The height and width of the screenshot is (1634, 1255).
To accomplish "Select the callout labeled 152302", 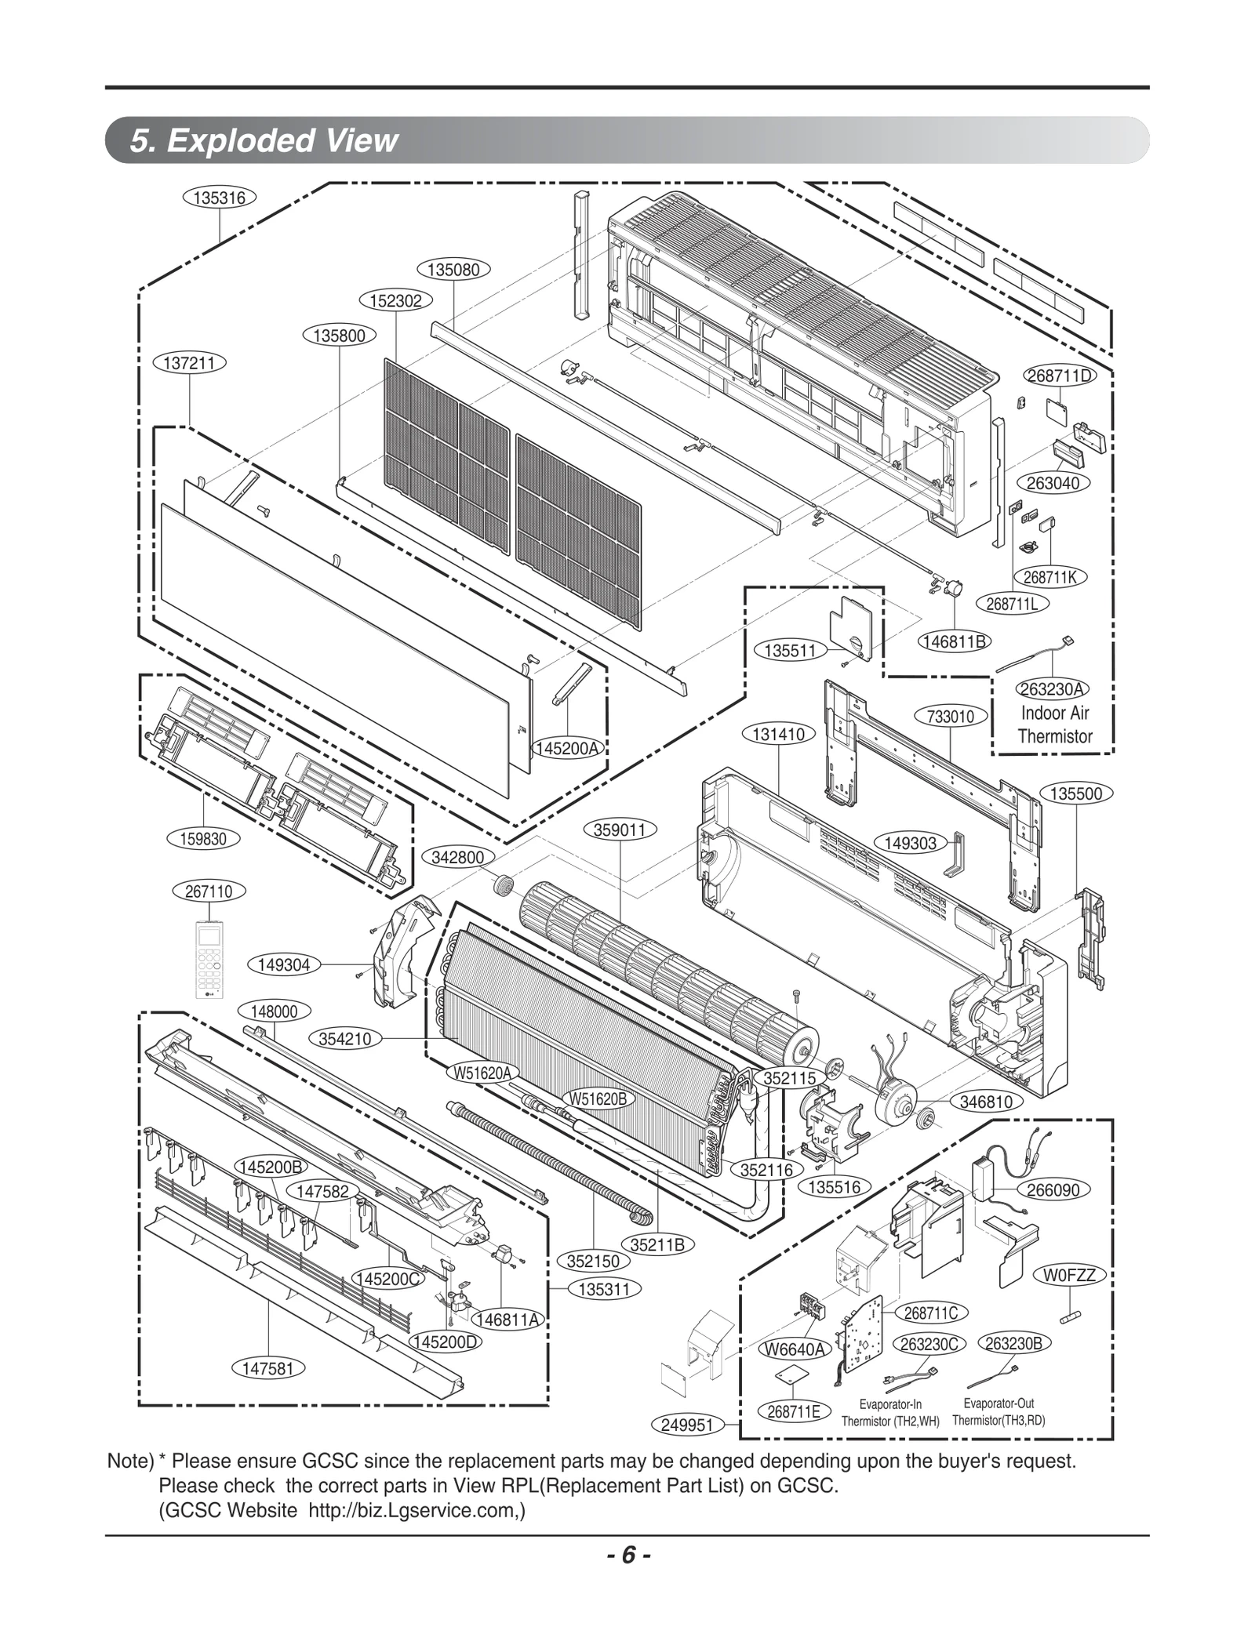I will [x=396, y=300].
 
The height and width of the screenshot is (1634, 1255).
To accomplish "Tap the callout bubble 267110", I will [x=209, y=891].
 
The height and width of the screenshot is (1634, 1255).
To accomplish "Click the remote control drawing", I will [x=209, y=961].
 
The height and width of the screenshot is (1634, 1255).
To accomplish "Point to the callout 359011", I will [x=620, y=830].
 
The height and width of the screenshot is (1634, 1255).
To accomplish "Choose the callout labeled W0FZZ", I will [x=1069, y=1276].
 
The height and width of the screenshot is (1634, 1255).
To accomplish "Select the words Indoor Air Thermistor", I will [x=1055, y=724].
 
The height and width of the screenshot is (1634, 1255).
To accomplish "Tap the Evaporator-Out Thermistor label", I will [x=999, y=1412].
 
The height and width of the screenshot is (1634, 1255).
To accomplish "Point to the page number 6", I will [x=627, y=1555].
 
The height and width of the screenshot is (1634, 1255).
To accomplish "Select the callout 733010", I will [x=951, y=716].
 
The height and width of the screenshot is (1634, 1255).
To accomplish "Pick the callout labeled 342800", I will [x=458, y=857].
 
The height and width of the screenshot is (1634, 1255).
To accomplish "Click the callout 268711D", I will [x=1060, y=375].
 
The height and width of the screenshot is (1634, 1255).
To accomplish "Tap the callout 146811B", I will [x=954, y=641].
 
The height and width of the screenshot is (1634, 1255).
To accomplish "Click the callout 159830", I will [x=204, y=839].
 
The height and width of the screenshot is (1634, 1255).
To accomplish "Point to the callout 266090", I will [x=1053, y=1190].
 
